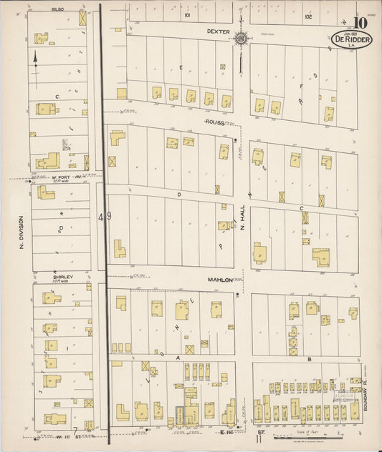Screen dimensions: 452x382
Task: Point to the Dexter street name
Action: tap(217, 31)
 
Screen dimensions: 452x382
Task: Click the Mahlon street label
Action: tap(221, 280)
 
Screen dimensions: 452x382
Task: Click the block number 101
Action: tap(187, 14)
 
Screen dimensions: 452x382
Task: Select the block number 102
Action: tap(308, 15)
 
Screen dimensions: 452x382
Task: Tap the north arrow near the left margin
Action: tap(35, 59)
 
